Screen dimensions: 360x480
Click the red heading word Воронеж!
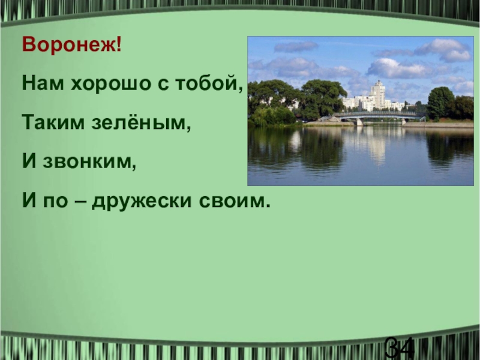pyautogui.click(x=71, y=45)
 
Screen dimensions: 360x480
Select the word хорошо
pyautogui.click(x=110, y=84)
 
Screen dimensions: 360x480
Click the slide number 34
pyautogui.click(x=399, y=348)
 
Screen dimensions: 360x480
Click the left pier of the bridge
pyautogui.click(x=359, y=121)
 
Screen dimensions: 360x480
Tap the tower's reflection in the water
pyautogui.click(x=377, y=147)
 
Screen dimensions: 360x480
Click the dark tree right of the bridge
pyautogui.click(x=441, y=103)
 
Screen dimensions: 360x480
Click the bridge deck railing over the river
pyautogui.click(x=381, y=113)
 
